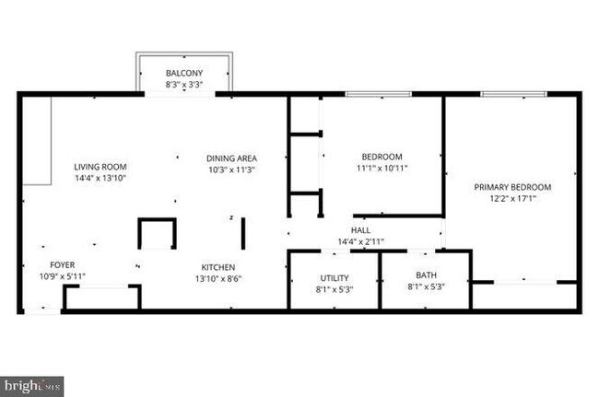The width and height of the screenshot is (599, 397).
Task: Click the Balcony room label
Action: pos(184,73)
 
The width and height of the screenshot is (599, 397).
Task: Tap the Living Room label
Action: pos(100,167)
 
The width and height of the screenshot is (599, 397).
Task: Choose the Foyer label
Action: pos(62,264)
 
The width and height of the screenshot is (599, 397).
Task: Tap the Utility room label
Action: pos(334,277)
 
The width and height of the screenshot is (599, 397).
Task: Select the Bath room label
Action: pos(426,274)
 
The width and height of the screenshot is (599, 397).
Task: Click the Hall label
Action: pos(360,230)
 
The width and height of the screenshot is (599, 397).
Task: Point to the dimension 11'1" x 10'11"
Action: pos(382,168)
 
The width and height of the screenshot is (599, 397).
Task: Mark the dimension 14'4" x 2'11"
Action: pos(360,241)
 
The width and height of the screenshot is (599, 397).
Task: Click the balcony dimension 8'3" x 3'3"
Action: pos(184,84)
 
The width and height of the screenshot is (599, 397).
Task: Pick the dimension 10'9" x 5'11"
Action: pos(62,275)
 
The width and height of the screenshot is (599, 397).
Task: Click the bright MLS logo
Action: pos(32,386)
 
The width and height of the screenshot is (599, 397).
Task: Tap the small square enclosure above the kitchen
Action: pos(157,233)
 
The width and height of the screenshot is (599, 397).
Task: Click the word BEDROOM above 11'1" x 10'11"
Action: pos(382,157)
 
